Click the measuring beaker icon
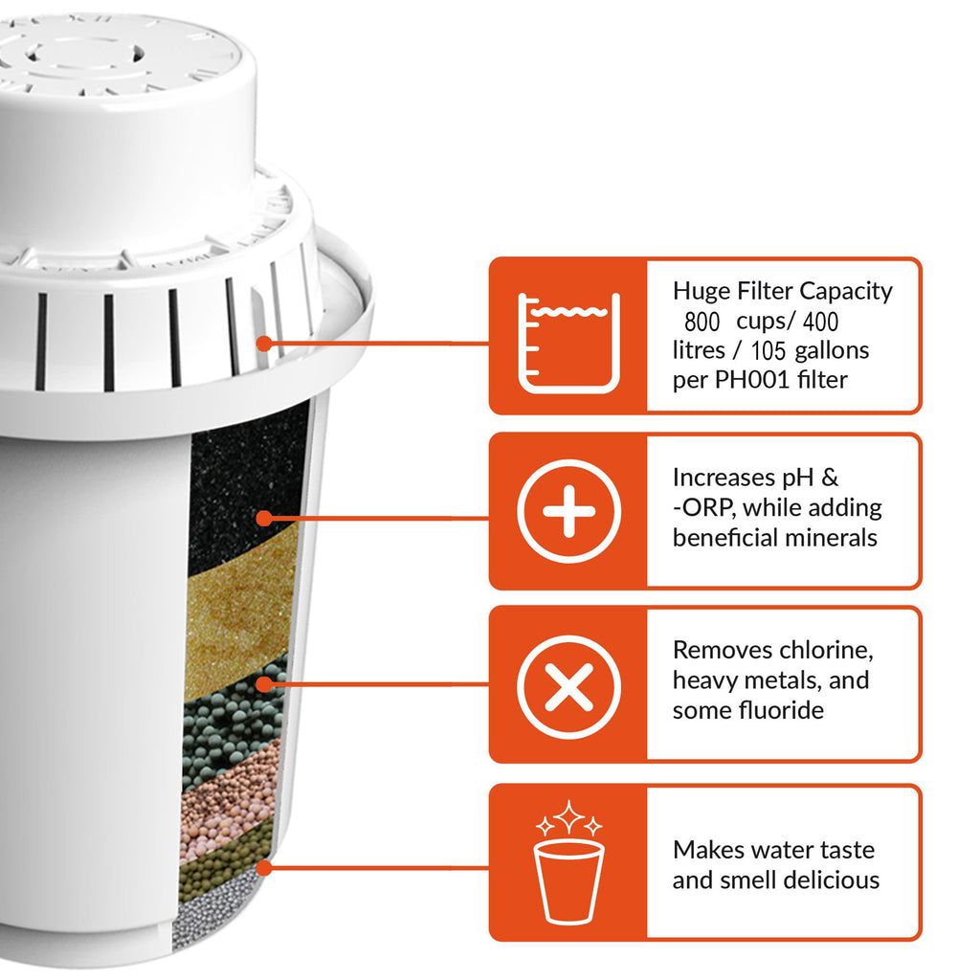click(568, 343)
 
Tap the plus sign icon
click(568, 511)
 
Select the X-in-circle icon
click(568, 686)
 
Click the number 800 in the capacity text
click(702, 321)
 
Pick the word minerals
click(830, 537)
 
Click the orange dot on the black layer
click(263, 518)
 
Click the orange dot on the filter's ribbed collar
click(264, 342)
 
